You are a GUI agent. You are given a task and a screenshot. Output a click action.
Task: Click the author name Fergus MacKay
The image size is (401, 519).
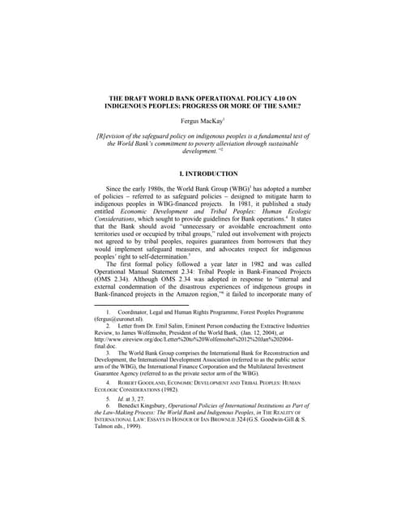[x=199, y=120]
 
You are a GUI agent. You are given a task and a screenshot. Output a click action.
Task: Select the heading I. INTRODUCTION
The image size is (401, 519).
[x=200, y=174]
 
